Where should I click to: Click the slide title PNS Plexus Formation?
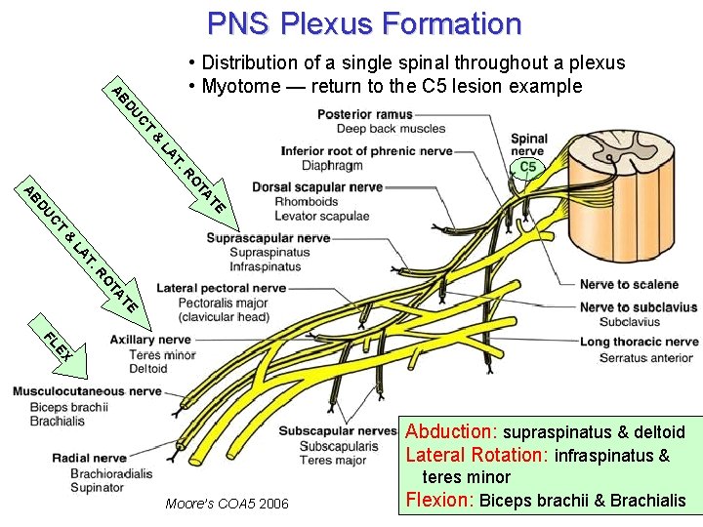[364, 22]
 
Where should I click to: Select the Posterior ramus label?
[364, 114]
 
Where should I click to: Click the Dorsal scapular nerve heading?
[317, 187]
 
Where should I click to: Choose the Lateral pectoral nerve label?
[221, 289]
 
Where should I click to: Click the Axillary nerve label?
[150, 341]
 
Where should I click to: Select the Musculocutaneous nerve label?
[86, 391]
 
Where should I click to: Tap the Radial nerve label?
[89, 458]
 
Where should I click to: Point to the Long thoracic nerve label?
[639, 343]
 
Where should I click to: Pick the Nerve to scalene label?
[629, 285]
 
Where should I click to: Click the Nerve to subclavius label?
[638, 307]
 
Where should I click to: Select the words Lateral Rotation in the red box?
[476, 455]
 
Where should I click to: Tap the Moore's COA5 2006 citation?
[227, 504]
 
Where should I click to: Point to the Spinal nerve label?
[529, 145]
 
